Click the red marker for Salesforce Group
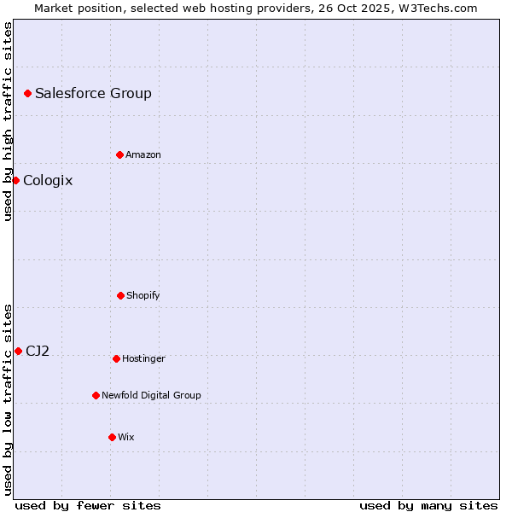tap(27, 93)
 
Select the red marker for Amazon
tap(119, 154)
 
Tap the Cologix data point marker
tap(15, 180)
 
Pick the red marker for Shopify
tap(120, 295)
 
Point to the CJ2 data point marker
tap(18, 351)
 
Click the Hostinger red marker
tap(116, 358)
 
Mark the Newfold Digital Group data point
tap(96, 395)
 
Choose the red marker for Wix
tap(112, 437)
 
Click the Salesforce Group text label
tap(93, 93)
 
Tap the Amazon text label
tap(143, 154)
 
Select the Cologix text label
tap(48, 180)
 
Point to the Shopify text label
tap(143, 295)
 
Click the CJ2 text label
tap(38, 351)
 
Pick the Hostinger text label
tap(143, 358)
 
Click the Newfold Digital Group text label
tap(151, 395)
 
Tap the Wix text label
tap(126, 437)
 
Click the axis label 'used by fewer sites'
tap(88, 505)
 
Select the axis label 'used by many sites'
tap(428, 505)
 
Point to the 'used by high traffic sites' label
tap(8, 121)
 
